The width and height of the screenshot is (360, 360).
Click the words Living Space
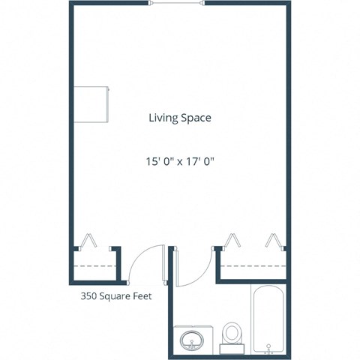tap(179, 118)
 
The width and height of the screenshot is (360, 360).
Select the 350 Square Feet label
tap(115, 296)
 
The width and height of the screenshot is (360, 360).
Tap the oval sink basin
tap(193, 339)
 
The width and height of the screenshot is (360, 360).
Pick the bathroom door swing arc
tap(196, 266)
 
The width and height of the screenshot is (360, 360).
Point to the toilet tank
tap(232, 348)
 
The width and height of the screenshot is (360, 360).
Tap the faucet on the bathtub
tap(268, 347)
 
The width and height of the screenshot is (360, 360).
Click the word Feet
tap(142, 296)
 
